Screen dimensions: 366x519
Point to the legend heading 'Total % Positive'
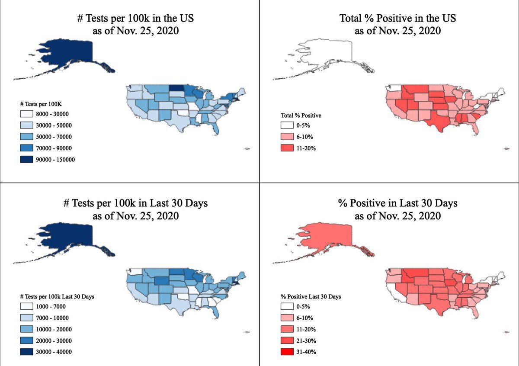301,116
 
